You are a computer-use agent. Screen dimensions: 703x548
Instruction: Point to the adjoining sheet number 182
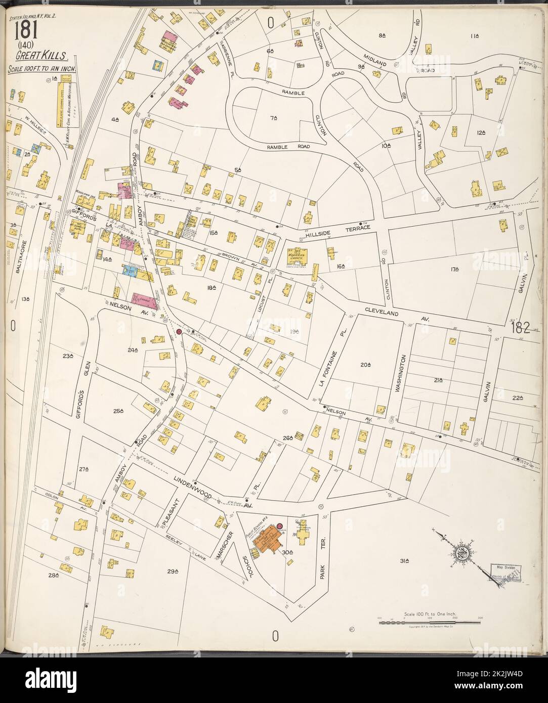click(520, 328)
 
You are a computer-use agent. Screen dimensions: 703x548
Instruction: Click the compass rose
click(461, 552)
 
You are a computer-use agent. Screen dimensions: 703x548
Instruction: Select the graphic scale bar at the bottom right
click(430, 621)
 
